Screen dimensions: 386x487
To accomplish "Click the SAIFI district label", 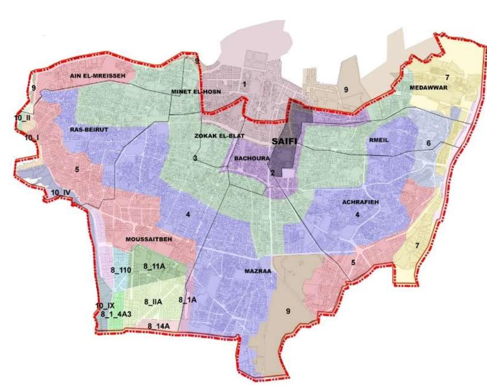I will point(285,141).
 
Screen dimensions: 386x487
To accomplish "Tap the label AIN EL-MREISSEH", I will point(97,76).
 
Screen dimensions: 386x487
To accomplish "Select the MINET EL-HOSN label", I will point(196,91).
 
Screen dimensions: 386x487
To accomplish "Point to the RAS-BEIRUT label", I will point(89,130).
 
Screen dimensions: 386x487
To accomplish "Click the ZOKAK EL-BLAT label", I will point(219,136).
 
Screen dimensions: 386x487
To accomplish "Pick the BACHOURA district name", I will point(252,158).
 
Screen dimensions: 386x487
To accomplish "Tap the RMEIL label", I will point(379,140).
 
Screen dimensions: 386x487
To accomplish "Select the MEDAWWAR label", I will point(428,88).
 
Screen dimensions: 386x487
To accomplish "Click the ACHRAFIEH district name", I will point(360,202).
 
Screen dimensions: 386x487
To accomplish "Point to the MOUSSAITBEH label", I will point(149,239).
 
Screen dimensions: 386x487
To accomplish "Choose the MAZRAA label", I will point(258,271).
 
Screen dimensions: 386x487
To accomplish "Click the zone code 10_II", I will point(22,118).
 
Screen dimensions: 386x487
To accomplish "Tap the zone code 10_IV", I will point(60,193).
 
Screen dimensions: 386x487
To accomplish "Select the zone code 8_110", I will point(121,270).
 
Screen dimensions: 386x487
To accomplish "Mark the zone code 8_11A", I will point(154,266).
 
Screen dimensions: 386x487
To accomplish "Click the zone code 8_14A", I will point(158,326).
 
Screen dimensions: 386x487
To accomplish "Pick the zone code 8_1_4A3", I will point(116,314).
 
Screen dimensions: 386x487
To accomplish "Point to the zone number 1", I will point(244,84).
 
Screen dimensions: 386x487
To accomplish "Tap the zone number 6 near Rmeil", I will point(428,143).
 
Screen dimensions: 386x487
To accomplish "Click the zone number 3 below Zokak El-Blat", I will point(195,158).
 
